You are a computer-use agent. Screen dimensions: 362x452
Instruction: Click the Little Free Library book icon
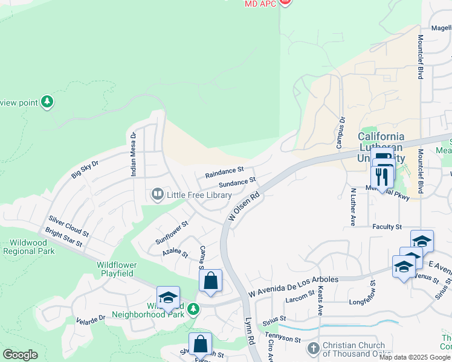(158, 194)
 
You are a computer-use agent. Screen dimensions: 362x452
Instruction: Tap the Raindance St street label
(224, 173)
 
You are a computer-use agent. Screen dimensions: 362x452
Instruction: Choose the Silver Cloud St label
(69, 225)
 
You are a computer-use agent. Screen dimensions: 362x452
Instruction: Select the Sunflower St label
(172, 232)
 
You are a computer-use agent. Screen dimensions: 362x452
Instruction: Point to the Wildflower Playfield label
(117, 269)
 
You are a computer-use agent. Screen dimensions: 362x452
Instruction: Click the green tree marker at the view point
(47, 102)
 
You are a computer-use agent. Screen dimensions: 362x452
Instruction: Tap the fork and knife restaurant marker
(381, 176)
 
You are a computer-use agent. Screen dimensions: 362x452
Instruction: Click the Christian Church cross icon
(313, 348)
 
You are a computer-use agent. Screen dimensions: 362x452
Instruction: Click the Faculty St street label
(387, 227)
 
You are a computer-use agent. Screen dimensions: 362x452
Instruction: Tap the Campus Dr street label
(340, 132)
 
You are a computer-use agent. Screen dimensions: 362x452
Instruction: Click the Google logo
(20, 355)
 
